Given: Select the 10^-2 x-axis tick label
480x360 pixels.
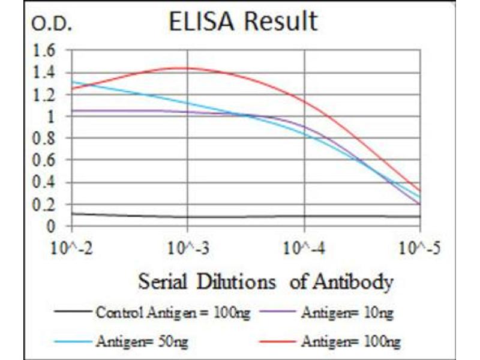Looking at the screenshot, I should click(73, 248).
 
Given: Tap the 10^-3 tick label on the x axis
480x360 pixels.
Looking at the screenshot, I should click(188, 248).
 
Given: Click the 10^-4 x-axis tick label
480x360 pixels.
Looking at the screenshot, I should click(304, 248).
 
